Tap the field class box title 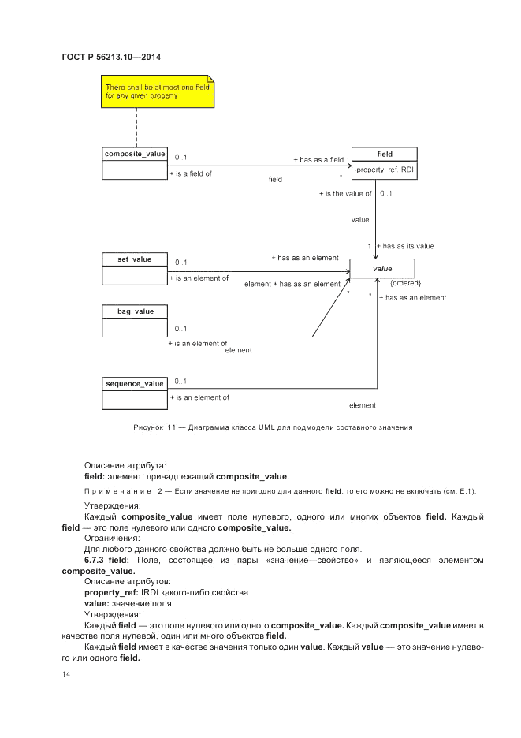[x=385, y=154]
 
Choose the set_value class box [x=135, y=269]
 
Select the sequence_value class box [x=135, y=393]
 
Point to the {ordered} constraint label [x=406, y=283]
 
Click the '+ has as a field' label [x=318, y=159]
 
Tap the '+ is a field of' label [x=191, y=173]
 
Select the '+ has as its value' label [x=405, y=247]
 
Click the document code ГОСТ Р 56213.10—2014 [x=111, y=56]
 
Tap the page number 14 [x=66, y=676]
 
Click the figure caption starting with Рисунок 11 [x=271, y=428]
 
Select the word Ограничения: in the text [x=111, y=538]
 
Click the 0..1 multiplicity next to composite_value [x=181, y=156]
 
